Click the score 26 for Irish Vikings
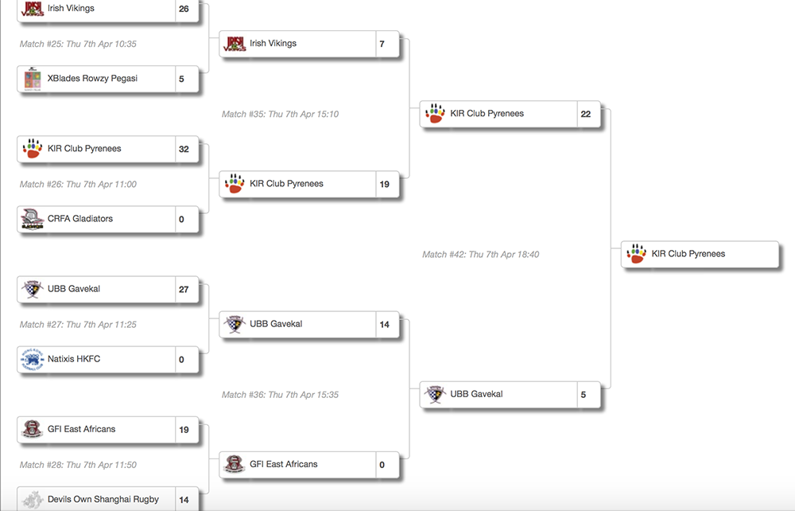(x=184, y=9)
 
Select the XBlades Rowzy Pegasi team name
(x=91, y=79)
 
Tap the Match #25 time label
(x=78, y=44)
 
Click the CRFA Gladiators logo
(x=32, y=219)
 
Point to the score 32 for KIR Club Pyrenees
(x=184, y=149)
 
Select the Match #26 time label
(x=78, y=184)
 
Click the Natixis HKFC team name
(x=74, y=359)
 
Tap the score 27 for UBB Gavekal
(x=184, y=289)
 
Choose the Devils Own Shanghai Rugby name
(x=103, y=499)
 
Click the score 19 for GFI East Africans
(x=184, y=429)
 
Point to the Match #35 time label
(x=280, y=114)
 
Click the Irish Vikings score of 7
(x=382, y=44)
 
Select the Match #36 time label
(x=280, y=394)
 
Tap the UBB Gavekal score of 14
(x=385, y=324)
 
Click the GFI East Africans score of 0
(x=382, y=464)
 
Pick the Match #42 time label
(x=480, y=254)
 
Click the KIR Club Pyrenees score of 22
(x=586, y=114)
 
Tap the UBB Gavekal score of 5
(x=584, y=394)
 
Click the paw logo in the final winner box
(x=636, y=254)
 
